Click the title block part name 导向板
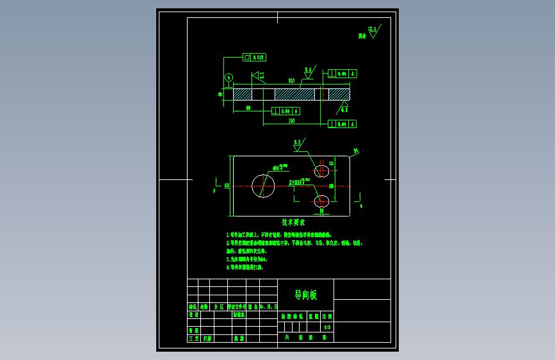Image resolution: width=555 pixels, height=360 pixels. click(x=305, y=295)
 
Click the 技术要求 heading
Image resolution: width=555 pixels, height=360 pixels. click(x=293, y=223)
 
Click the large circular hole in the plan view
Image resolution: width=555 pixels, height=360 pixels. click(x=263, y=186)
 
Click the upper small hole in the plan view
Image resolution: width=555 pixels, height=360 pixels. click(x=321, y=170)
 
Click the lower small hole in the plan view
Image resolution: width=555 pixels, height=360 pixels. click(x=321, y=201)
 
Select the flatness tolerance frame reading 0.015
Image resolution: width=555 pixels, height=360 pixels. click(x=254, y=58)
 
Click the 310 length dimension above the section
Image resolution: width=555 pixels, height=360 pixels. click(x=291, y=81)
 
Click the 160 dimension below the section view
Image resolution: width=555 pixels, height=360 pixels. click(x=291, y=120)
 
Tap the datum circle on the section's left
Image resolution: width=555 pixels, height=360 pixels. click(x=229, y=78)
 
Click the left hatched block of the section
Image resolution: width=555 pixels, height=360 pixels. click(x=243, y=94)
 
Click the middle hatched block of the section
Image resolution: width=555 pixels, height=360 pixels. click(x=294, y=94)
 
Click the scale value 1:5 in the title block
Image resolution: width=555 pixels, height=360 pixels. click(x=327, y=327)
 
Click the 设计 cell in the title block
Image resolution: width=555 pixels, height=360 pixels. click(x=193, y=315)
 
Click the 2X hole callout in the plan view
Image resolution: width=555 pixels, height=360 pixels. click(x=296, y=183)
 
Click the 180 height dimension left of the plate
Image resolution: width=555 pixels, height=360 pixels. click(x=227, y=186)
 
